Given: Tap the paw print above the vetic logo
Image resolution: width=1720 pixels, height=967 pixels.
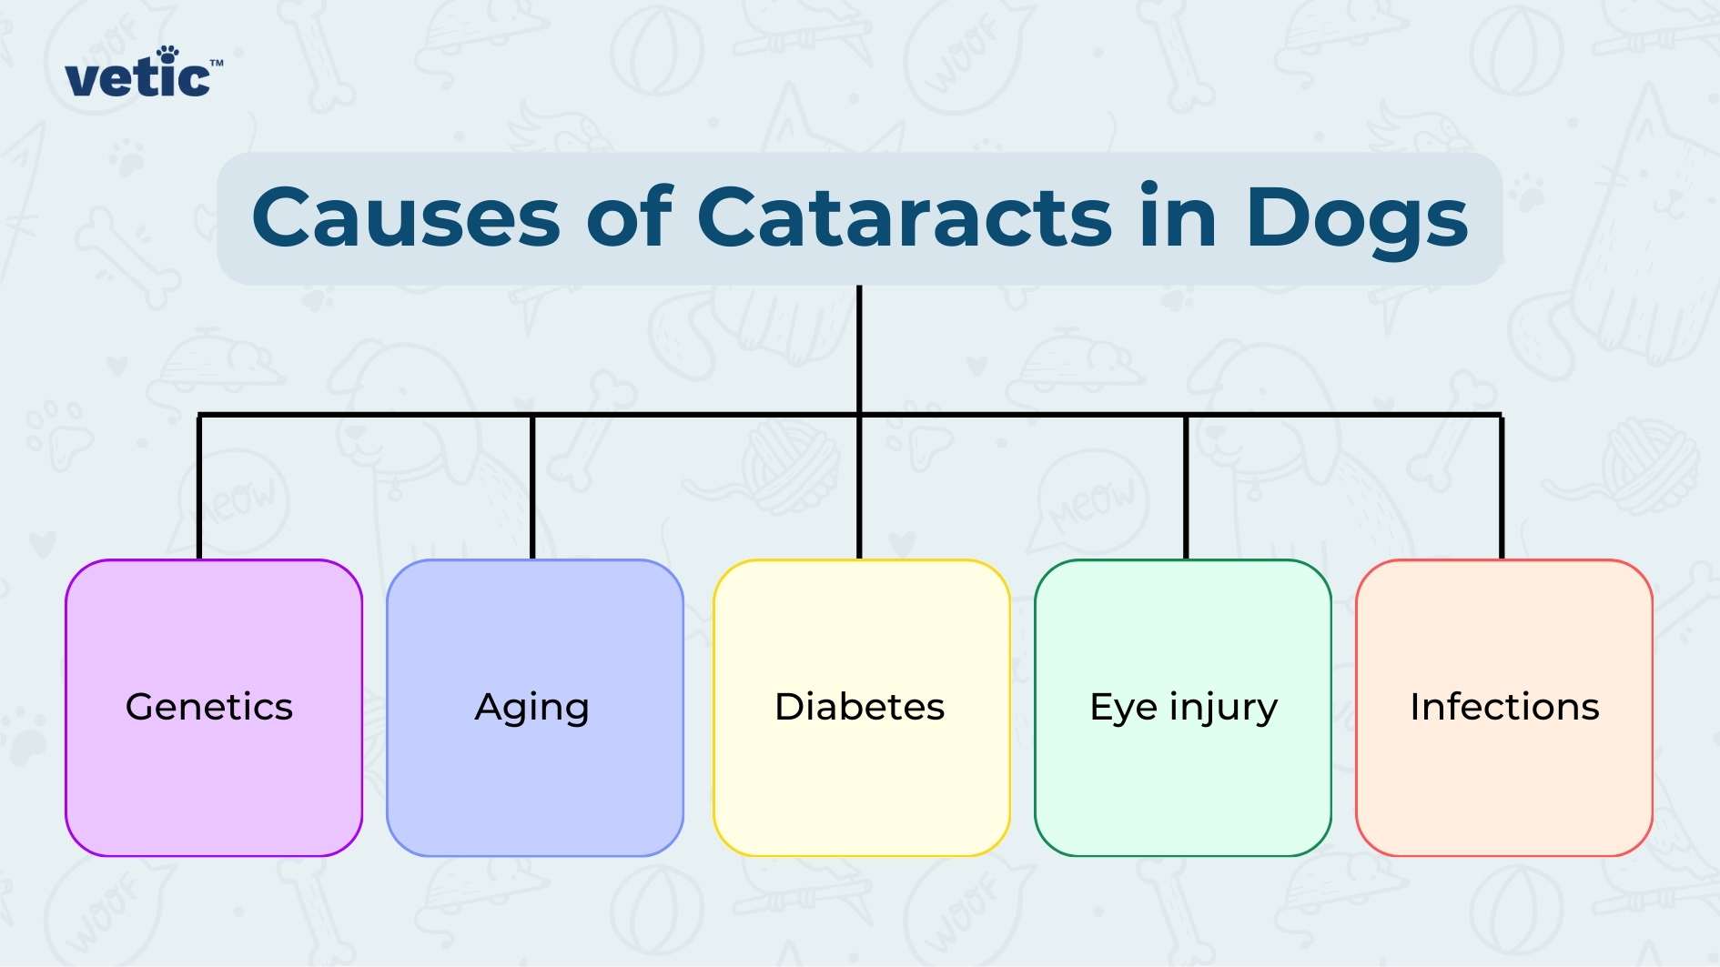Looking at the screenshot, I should pyautogui.click(x=167, y=55).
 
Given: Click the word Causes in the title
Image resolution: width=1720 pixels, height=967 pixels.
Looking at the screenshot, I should pyautogui.click(x=406, y=218).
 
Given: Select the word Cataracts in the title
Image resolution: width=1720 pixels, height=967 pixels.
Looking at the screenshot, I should pyautogui.click(x=905, y=218).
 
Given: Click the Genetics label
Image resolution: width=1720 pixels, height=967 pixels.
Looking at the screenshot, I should pyautogui.click(x=209, y=707).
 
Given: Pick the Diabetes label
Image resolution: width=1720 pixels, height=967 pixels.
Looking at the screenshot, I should pyautogui.click(x=860, y=707).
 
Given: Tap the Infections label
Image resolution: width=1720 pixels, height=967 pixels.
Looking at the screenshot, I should pyautogui.click(x=1504, y=707).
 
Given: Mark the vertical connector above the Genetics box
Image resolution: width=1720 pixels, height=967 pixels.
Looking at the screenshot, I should pyautogui.click(x=199, y=487).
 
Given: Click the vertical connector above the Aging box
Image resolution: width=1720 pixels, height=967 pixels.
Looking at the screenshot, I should pyautogui.click(x=532, y=487).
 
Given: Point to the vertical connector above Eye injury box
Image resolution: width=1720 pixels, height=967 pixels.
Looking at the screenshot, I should pyautogui.click(x=1186, y=487).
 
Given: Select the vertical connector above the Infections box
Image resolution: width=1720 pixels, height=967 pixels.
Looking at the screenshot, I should pyautogui.click(x=1502, y=487).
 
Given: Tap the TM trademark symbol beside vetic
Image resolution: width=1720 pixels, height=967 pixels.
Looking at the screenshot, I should pyautogui.click(x=217, y=64).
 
